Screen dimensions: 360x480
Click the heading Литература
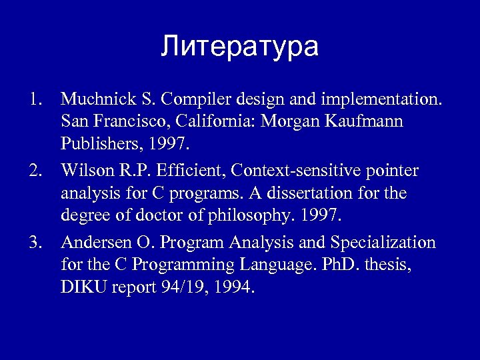(x=240, y=47)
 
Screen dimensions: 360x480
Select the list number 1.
(x=35, y=100)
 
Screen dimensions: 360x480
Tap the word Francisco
(x=119, y=123)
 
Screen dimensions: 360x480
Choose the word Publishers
(x=94, y=145)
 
